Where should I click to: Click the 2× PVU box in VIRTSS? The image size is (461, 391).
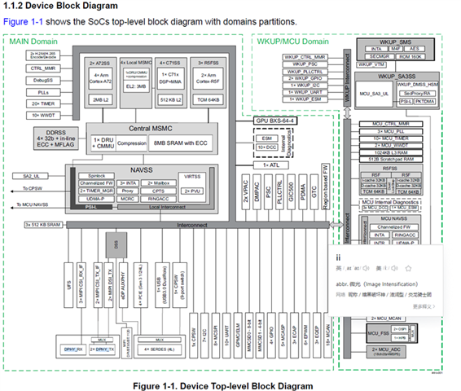[193, 190]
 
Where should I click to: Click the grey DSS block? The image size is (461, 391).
[119, 243]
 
